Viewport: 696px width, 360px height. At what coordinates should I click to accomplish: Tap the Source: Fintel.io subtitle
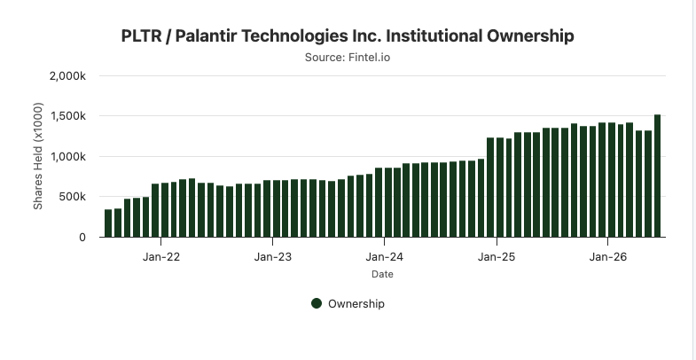pyautogui.click(x=348, y=58)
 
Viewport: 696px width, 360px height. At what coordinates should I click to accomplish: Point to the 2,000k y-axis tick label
pyautogui.click(x=68, y=76)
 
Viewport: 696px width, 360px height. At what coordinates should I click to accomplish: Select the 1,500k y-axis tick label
pyautogui.click(x=68, y=116)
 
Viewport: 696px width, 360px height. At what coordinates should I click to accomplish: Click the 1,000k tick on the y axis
pyautogui.click(x=68, y=157)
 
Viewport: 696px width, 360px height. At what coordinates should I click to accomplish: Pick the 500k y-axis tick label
pyautogui.click(x=72, y=197)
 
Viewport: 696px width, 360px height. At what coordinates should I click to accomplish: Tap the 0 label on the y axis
pyautogui.click(x=82, y=238)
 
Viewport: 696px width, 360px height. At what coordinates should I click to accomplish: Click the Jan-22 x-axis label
pyautogui.click(x=161, y=257)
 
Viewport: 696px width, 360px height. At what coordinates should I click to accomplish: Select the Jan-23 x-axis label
pyautogui.click(x=272, y=257)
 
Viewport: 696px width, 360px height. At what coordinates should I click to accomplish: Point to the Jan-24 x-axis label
pyautogui.click(x=385, y=257)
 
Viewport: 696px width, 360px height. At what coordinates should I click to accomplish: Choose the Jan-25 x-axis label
pyautogui.click(x=497, y=257)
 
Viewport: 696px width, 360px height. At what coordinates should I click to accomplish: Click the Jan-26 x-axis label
pyautogui.click(x=607, y=257)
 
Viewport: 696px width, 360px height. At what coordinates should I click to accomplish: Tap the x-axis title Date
pyautogui.click(x=383, y=274)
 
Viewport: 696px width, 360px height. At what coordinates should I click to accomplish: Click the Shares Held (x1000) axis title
pyautogui.click(x=38, y=156)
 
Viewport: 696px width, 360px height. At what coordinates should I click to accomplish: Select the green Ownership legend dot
pyautogui.click(x=317, y=303)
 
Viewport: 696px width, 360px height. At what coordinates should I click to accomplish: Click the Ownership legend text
pyautogui.click(x=356, y=304)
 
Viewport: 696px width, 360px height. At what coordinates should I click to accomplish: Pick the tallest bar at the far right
pyautogui.click(x=657, y=176)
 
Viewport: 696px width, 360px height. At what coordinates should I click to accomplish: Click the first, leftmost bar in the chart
pyautogui.click(x=108, y=223)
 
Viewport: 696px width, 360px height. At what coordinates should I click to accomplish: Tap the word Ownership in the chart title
pyautogui.click(x=530, y=36)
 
